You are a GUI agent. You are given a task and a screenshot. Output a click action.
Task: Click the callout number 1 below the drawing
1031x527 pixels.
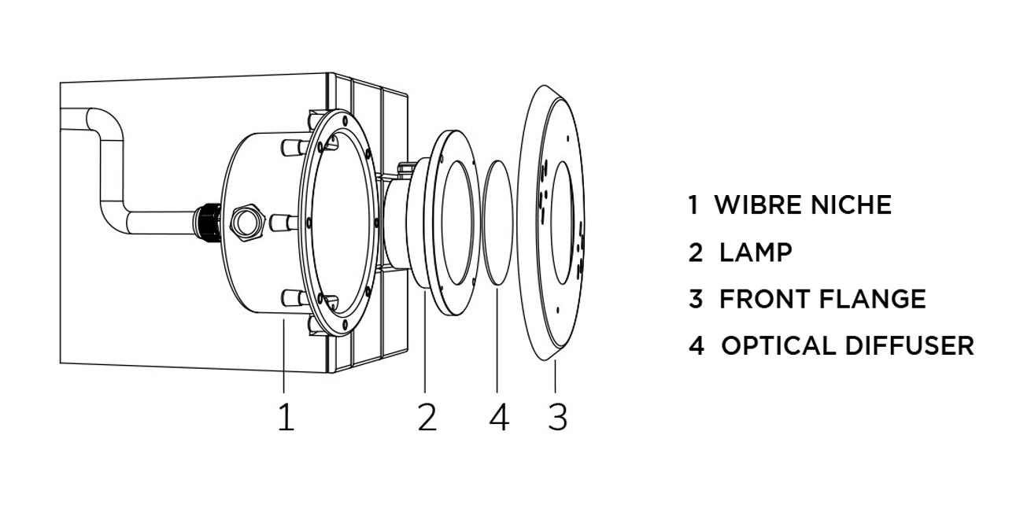[286, 417]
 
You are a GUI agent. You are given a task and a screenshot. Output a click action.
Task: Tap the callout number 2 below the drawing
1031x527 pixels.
[427, 417]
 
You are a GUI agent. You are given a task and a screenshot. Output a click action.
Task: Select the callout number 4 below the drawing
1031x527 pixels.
[500, 417]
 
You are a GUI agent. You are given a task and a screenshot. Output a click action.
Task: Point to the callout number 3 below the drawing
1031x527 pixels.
[558, 417]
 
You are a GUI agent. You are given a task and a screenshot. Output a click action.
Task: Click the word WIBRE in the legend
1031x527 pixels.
[757, 205]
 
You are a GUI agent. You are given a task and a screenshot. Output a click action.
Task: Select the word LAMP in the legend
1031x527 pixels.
[756, 252]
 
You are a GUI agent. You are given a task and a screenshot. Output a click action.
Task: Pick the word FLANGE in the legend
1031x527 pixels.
[873, 299]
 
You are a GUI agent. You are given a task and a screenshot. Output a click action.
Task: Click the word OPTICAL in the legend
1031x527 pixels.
[778, 346]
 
